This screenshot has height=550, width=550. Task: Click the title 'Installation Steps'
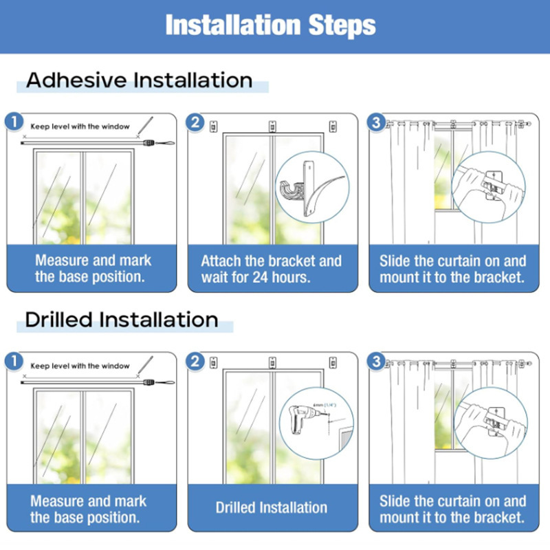coord(271,25)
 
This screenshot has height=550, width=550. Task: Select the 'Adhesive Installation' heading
coord(140,80)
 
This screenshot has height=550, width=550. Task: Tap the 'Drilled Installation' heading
coord(122,320)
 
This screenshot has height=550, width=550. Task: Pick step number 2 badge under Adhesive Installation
coord(196,122)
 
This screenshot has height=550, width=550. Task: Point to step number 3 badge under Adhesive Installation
coord(376,122)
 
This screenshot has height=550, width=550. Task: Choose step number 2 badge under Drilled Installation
coord(196,362)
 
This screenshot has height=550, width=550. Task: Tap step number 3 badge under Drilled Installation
coord(376,362)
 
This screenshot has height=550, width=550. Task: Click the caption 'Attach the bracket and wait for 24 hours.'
coord(271,269)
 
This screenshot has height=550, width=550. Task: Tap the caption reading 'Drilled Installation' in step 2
coord(271,508)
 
